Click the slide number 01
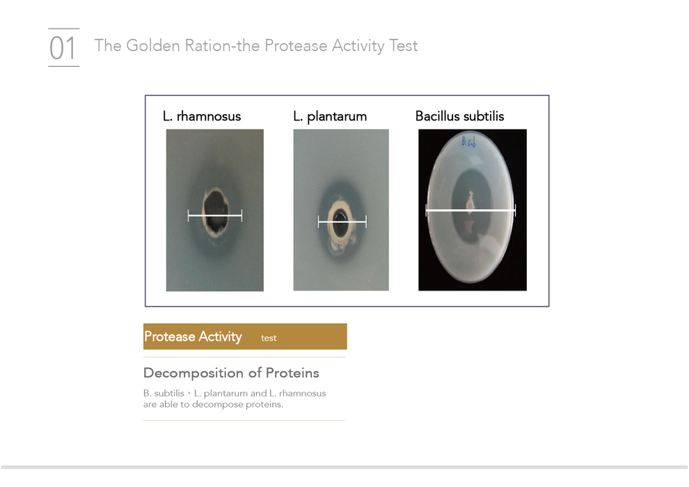(63, 48)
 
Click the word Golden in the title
(153, 45)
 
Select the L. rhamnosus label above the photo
(202, 116)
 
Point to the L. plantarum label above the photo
(330, 116)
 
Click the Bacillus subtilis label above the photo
(459, 116)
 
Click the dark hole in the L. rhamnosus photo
(215, 212)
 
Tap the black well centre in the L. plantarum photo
(340, 218)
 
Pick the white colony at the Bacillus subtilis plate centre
(470, 202)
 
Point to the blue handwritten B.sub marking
(468, 141)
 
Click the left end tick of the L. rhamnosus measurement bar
(188, 215)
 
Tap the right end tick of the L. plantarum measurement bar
(365, 222)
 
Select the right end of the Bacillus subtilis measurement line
(515, 210)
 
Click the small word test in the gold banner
(269, 338)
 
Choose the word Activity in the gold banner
(220, 337)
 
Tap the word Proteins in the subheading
(292, 373)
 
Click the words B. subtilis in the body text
(164, 394)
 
